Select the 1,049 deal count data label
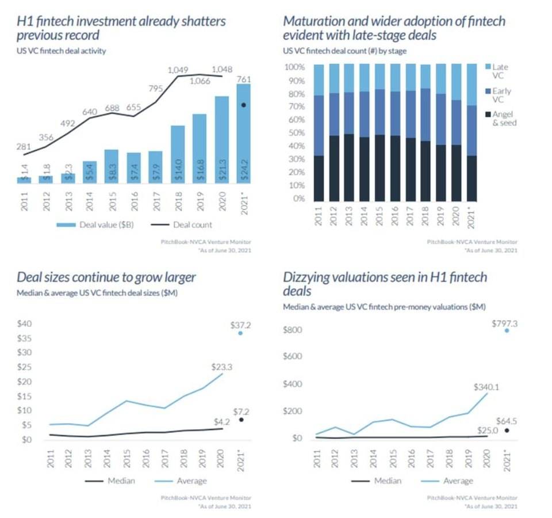tap(178, 70)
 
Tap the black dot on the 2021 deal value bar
tap(243, 105)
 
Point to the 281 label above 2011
tap(24, 147)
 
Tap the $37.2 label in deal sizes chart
tap(240, 325)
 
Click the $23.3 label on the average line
tap(221, 366)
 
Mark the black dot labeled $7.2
tap(240, 420)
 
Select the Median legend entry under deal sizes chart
tap(113, 481)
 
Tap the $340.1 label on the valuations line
tap(486, 387)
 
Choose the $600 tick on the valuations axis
tap(294, 356)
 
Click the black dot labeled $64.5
tap(507, 430)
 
